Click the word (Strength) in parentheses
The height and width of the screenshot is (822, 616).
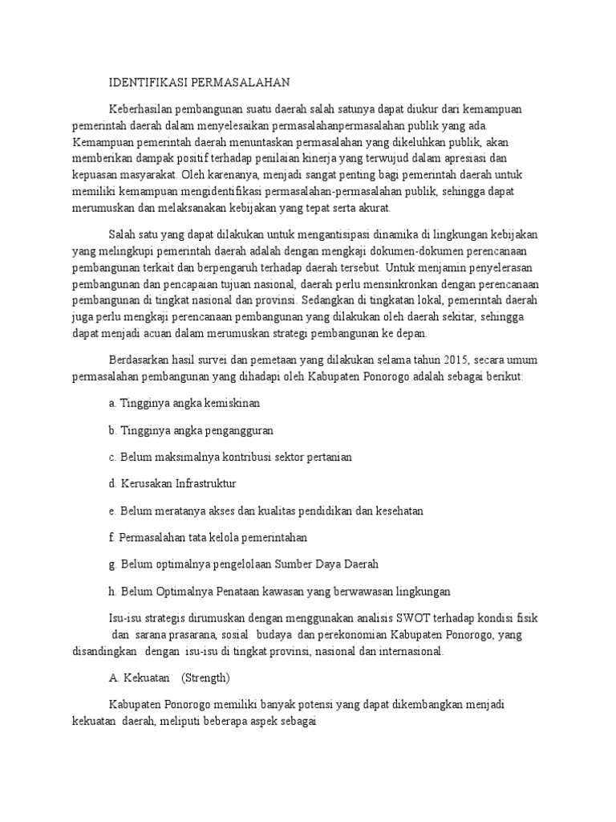coord(205,678)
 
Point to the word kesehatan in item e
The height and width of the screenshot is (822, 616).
coord(396,511)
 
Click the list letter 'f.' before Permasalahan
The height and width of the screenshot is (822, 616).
coord(111,537)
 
